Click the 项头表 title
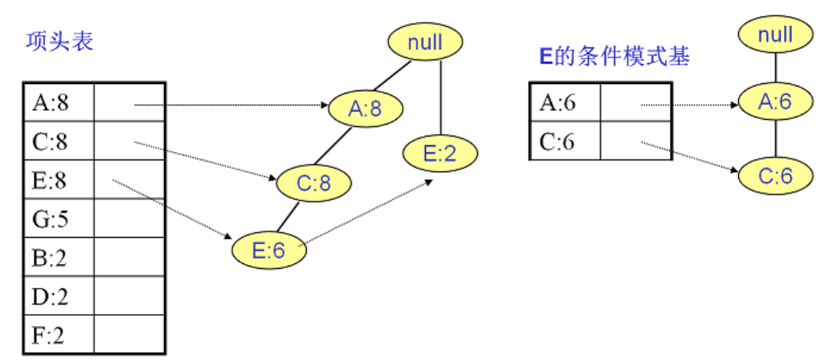tap(59, 41)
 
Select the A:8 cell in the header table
tap(52, 102)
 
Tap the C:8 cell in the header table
tap(52, 141)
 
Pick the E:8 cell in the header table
tap(52, 180)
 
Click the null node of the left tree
tap(425, 42)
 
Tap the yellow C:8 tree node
tap(314, 183)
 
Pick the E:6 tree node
tap(269, 251)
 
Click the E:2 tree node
tap(440, 154)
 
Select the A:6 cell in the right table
tap(564, 103)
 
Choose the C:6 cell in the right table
tap(564, 142)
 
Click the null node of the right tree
tap(776, 34)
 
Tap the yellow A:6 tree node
tap(776, 101)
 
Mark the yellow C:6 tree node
tap(776, 175)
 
